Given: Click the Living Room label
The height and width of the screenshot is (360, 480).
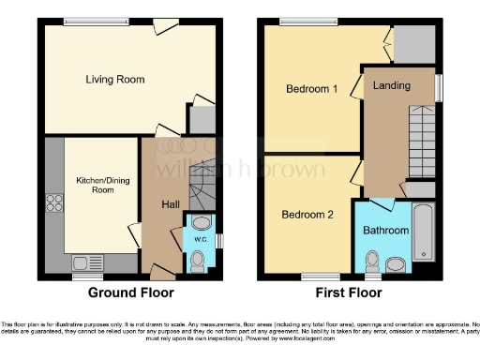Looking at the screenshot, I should (115, 80).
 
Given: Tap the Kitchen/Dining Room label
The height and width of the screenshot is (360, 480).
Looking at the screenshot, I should (90, 184).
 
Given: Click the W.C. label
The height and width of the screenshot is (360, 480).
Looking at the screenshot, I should (201, 239).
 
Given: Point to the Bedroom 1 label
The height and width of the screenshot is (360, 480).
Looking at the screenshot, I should (310, 89).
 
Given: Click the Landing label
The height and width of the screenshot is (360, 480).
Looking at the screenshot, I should (391, 86).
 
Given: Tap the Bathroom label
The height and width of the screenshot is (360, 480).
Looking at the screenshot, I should (386, 231).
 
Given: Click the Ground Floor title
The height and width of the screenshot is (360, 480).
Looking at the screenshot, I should (131, 292).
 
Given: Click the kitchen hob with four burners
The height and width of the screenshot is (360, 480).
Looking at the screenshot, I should (53, 203).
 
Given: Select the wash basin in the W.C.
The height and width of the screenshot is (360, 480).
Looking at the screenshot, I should (199, 223).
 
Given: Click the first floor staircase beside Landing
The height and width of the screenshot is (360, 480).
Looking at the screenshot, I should (422, 141).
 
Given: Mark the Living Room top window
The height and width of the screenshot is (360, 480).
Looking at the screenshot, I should (83, 21).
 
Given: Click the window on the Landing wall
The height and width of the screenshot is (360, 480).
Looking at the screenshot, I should (438, 86).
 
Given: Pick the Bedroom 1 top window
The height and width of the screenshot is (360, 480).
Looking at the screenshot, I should (298, 21).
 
